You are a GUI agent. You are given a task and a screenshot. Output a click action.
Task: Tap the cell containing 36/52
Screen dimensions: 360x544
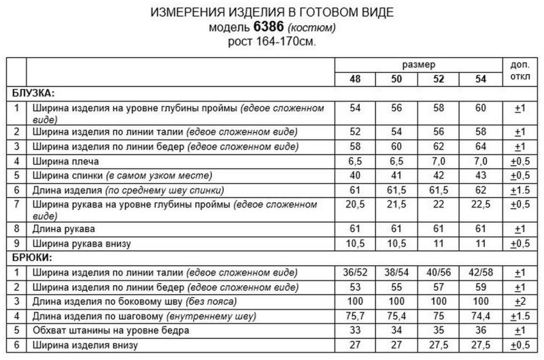click(x=354, y=272)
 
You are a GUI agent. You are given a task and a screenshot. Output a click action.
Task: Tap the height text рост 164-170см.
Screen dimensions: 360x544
click(x=272, y=41)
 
